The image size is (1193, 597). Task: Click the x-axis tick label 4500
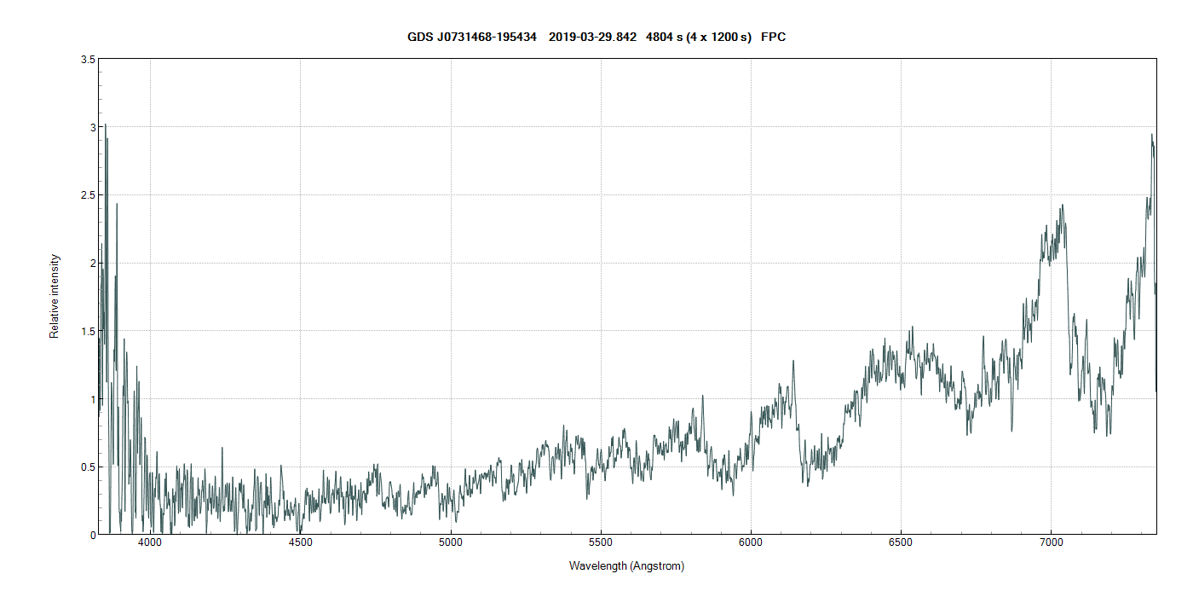tap(301, 543)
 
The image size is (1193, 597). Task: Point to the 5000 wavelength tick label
tap(451, 543)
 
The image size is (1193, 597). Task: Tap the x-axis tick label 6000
tap(751, 543)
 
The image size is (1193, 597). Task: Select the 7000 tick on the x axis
tap(1051, 543)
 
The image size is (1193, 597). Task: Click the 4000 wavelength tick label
tap(151, 543)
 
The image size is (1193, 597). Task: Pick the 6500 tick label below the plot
tap(901, 543)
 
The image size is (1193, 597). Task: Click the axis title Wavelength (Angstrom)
tap(626, 566)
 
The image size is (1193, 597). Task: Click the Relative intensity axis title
tap(55, 296)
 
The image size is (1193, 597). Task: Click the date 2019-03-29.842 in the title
tap(592, 38)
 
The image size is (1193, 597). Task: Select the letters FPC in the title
tap(773, 38)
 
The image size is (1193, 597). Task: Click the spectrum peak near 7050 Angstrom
tap(1063, 205)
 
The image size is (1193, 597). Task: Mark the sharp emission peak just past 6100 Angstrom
tap(793, 361)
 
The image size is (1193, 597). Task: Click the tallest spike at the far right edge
tap(1152, 135)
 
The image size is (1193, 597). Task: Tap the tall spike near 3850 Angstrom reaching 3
tap(105, 125)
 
